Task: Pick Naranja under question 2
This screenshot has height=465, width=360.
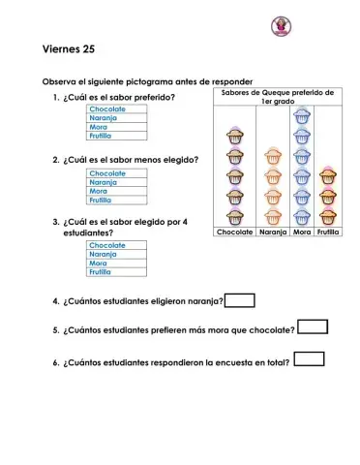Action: [x=102, y=182]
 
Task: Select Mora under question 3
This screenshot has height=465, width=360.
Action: [x=98, y=263]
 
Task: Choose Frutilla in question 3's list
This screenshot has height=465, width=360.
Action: [x=101, y=272]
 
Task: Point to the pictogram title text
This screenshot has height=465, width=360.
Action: [x=277, y=97]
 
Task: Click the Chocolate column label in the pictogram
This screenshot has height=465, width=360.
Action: [x=235, y=232]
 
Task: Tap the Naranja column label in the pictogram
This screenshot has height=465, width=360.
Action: [x=273, y=232]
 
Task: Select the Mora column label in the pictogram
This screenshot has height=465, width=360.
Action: [x=302, y=232]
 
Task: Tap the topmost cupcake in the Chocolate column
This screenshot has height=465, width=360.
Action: [x=235, y=137]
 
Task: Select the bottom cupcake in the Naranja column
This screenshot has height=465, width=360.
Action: [x=273, y=216]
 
